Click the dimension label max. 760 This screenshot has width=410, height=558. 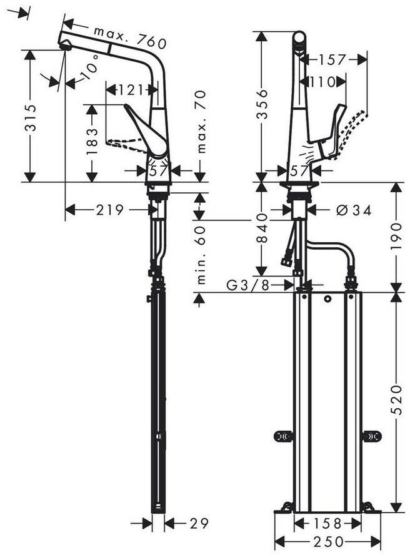[130, 37]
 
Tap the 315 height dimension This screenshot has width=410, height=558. [31, 118]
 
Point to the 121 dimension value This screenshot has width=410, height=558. [131, 90]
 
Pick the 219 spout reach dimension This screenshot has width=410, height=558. [110, 210]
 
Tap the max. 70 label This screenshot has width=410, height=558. [201, 122]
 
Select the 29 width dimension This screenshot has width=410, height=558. [199, 523]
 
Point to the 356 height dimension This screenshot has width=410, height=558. [262, 104]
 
